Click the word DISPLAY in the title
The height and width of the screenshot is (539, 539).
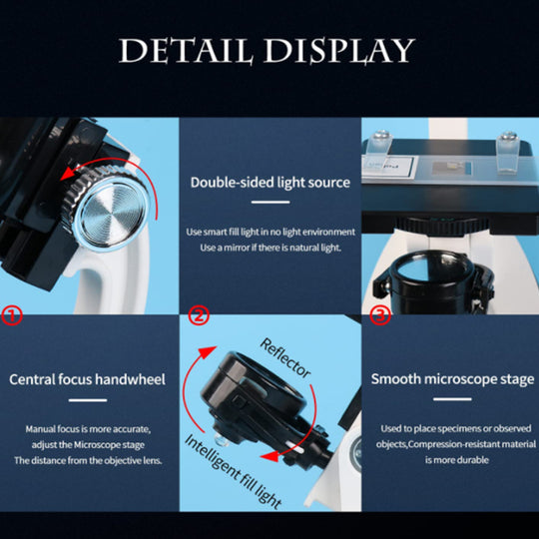[x=339, y=51]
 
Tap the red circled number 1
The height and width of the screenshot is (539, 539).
[x=12, y=315]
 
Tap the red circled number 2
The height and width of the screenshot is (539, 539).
[x=199, y=314]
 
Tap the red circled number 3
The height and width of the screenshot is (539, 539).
[x=380, y=314]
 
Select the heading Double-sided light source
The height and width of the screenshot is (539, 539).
[x=270, y=183]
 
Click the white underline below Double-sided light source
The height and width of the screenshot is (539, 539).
[x=270, y=202]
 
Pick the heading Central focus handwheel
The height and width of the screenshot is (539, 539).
[x=87, y=379]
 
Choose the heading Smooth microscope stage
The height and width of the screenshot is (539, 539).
[x=452, y=379]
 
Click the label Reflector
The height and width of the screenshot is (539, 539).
[x=285, y=358]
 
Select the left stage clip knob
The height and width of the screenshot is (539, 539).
[x=382, y=135]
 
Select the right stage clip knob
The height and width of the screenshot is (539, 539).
[x=508, y=136]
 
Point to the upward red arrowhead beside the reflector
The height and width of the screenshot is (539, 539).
[x=208, y=352]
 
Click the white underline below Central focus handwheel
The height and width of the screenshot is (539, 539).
[x=88, y=400]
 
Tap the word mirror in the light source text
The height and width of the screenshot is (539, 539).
[x=237, y=248]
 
